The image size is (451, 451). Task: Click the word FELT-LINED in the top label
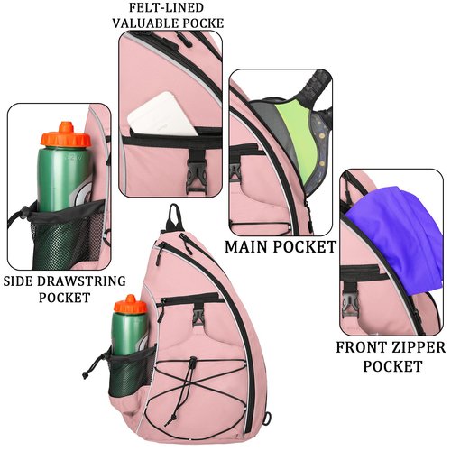tap(166, 7)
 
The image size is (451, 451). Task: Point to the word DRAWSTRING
tap(81, 281)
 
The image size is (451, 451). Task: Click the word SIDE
tap(18, 281)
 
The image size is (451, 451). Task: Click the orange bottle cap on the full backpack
tap(131, 304)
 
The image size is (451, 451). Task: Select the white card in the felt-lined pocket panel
tap(162, 115)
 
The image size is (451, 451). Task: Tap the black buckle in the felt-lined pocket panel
tap(196, 174)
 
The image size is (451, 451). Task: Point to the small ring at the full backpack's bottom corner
tap(267, 419)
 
